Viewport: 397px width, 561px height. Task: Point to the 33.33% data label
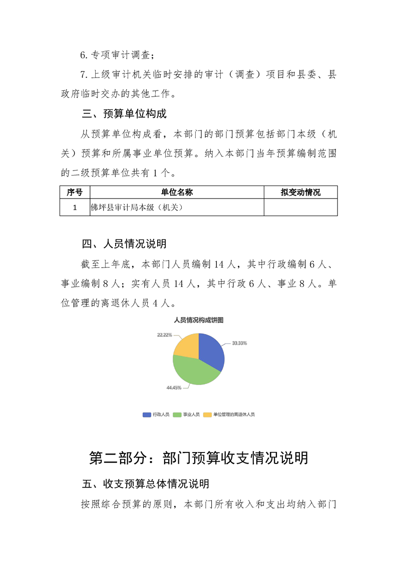[x=239, y=343]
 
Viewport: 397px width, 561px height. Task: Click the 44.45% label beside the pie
[x=174, y=387]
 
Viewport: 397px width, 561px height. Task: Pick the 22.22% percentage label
[x=164, y=334]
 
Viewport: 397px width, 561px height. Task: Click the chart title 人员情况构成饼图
[x=198, y=320]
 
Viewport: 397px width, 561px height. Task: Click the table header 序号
[x=75, y=192]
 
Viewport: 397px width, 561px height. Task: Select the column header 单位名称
[x=177, y=192]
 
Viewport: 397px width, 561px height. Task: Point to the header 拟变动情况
[x=300, y=192]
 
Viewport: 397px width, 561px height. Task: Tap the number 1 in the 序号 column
[x=75, y=207]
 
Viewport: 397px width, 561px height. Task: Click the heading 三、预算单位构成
[x=124, y=114]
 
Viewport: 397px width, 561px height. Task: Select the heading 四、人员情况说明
[x=124, y=244]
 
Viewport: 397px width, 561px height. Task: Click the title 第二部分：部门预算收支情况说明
[x=198, y=457]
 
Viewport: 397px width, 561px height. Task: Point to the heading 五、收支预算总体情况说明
[x=145, y=484]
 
